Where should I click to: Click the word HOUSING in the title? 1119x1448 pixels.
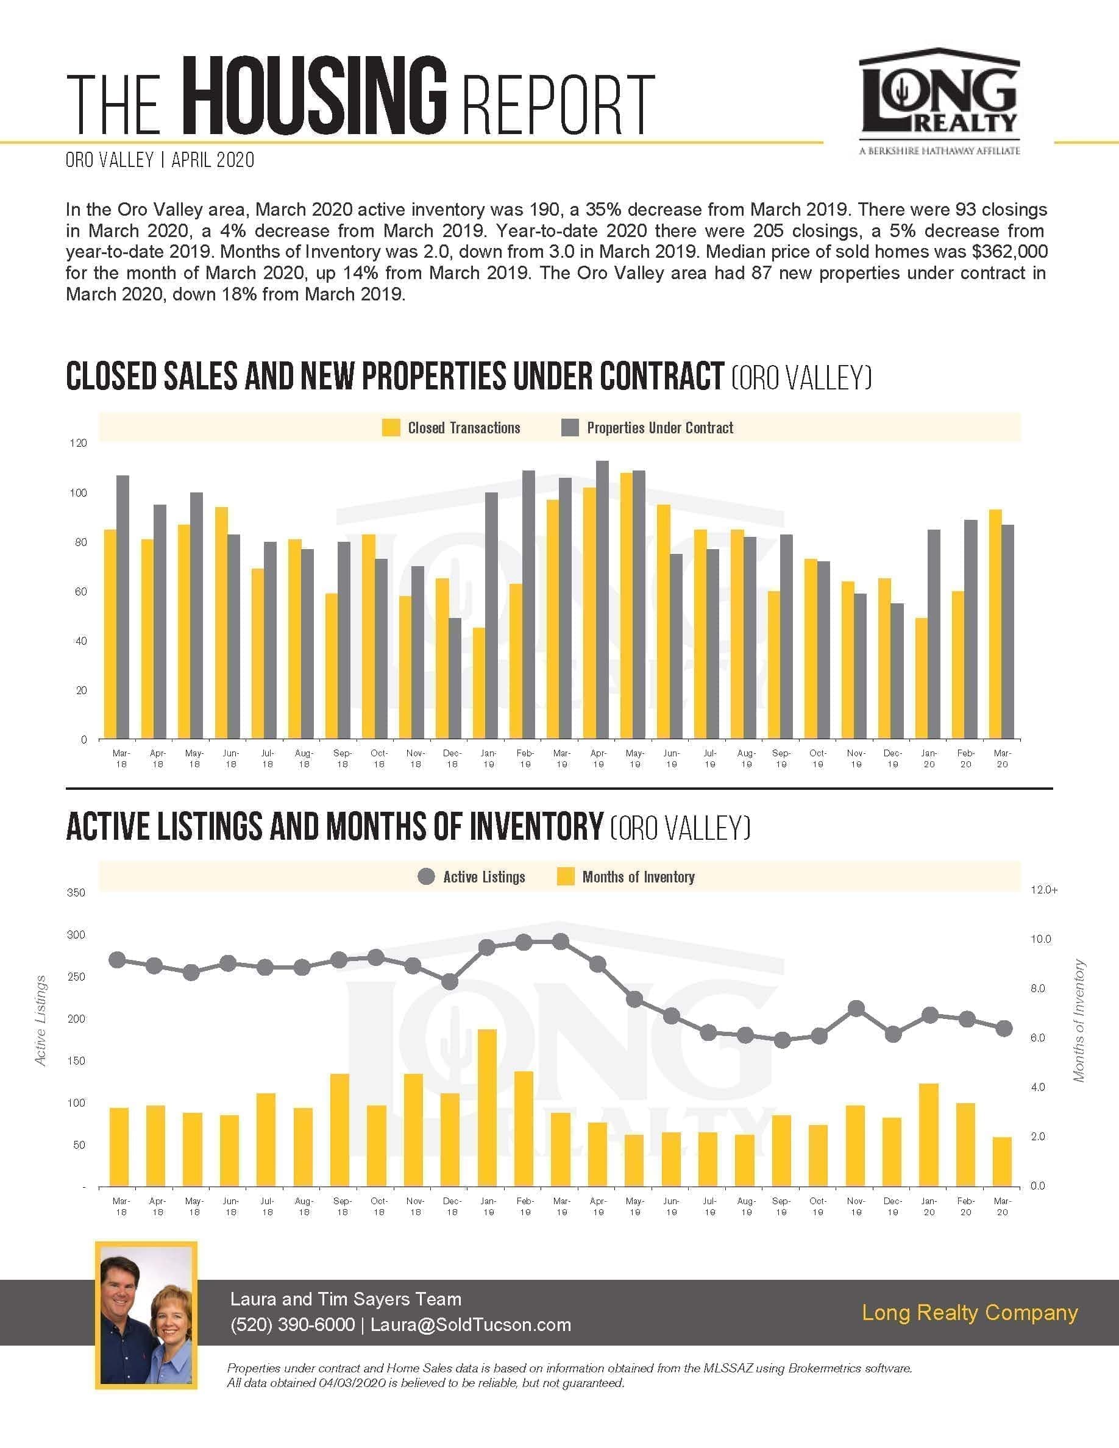click(x=313, y=97)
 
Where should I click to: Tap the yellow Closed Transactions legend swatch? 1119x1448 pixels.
click(x=391, y=428)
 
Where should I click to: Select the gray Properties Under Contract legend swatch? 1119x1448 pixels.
click(x=569, y=428)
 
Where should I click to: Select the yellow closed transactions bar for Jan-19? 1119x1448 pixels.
click(x=478, y=683)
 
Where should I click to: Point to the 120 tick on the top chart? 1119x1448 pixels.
click(x=78, y=443)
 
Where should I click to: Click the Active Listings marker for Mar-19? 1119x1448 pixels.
click(x=561, y=942)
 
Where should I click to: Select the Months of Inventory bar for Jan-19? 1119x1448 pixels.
click(x=487, y=1107)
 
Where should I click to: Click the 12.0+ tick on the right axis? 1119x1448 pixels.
click(x=1044, y=890)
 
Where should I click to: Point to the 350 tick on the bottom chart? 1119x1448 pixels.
click(x=76, y=892)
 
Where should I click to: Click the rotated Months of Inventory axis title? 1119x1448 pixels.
click(x=1079, y=1021)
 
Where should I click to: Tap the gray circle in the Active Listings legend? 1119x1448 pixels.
click(x=426, y=876)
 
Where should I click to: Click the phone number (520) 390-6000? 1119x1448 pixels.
click(x=293, y=1325)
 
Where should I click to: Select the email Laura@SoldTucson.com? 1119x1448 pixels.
click(x=471, y=1325)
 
